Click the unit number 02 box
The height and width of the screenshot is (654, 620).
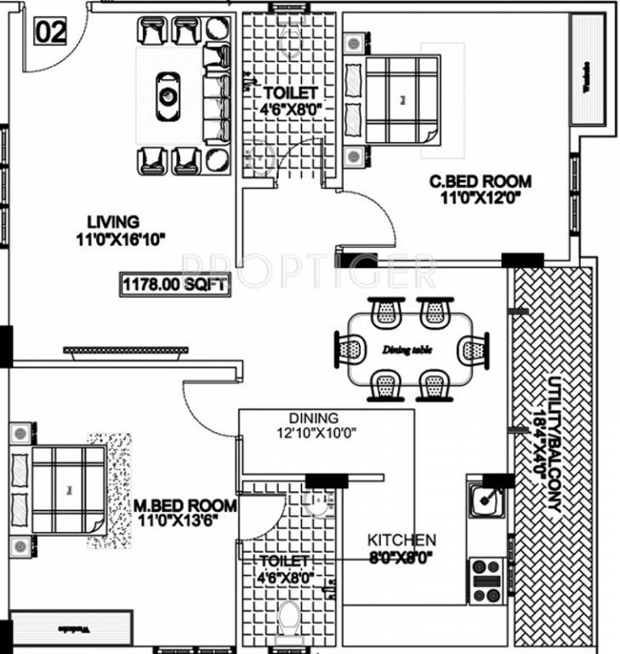coord(48,32)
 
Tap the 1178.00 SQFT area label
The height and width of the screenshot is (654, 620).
coord(175,285)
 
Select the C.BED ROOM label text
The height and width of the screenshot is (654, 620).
coord(480,181)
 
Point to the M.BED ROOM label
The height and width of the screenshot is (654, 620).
coord(185,506)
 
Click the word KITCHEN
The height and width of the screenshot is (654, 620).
coord(401,540)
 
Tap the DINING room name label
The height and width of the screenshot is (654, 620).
coord(313,418)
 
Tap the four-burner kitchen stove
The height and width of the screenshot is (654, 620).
coord(486,580)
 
